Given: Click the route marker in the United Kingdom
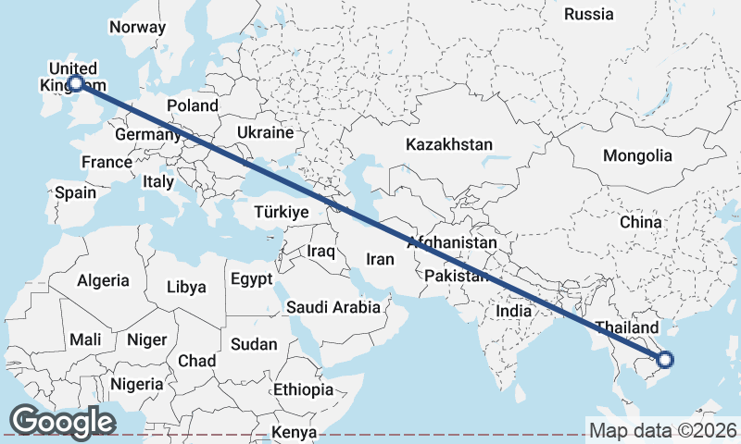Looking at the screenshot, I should tap(76, 84).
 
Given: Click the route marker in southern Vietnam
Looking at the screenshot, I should tap(664, 360).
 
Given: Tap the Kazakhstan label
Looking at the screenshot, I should tap(449, 144).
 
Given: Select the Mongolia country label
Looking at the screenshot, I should tap(637, 155).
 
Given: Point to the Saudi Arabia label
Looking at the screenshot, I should tap(333, 307).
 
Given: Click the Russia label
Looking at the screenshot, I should tap(589, 14).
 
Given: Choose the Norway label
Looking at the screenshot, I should tap(136, 27).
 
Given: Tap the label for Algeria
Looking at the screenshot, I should tap(104, 279).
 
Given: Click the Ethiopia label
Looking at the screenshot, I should tap(303, 389).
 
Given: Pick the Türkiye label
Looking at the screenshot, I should tap(281, 213).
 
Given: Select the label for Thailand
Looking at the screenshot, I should tap(627, 327).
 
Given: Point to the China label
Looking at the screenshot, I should tap(641, 222).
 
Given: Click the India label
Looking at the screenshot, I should tap(514, 311).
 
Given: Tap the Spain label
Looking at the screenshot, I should tap(75, 192).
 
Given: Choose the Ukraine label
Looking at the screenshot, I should tap(265, 133).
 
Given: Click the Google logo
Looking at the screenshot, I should tap(62, 422).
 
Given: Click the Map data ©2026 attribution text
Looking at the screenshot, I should tap(663, 430).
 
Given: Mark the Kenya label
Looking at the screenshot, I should tap(295, 432).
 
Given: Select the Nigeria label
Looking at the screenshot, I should tap(136, 383).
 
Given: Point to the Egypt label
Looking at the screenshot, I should tap(252, 278).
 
